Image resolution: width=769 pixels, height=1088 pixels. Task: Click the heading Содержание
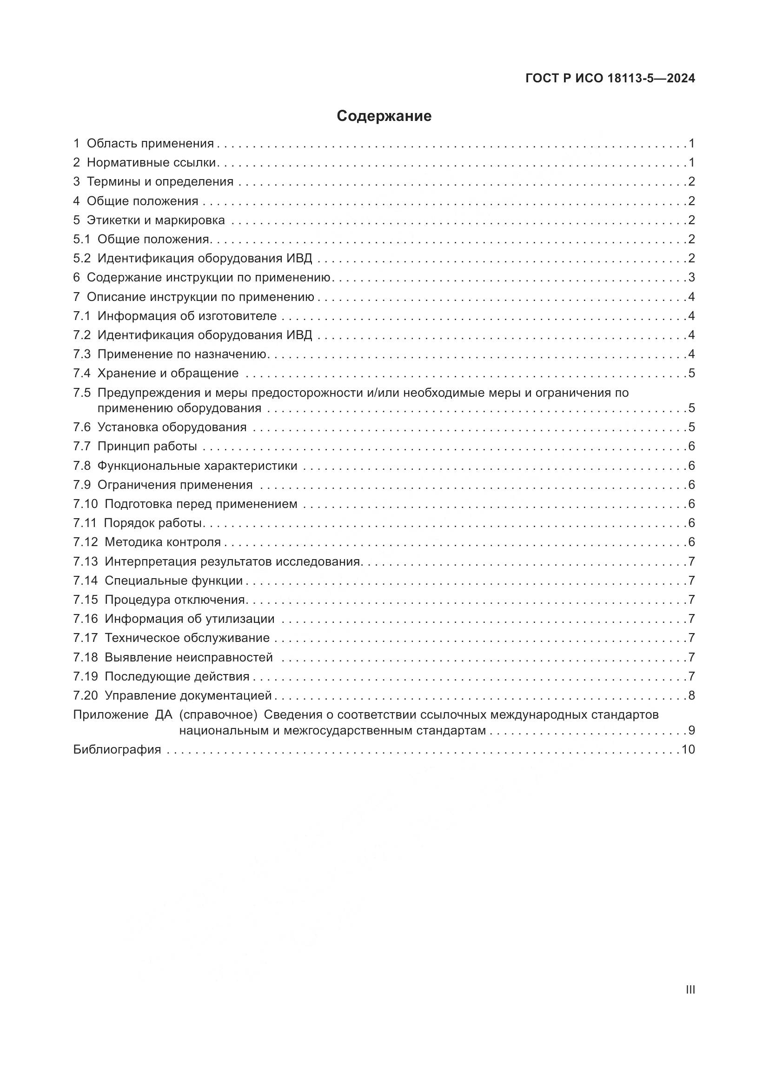[384, 116]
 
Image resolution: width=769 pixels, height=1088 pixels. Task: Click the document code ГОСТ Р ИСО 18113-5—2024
[610, 79]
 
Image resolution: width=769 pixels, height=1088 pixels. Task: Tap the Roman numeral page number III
[690, 989]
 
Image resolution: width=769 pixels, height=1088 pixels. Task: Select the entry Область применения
[150, 143]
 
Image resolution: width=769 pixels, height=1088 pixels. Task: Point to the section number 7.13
[85, 561]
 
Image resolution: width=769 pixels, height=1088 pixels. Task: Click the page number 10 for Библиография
[688, 749]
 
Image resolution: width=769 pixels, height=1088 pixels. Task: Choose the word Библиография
[117, 749]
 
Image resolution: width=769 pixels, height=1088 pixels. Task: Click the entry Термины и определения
[160, 181]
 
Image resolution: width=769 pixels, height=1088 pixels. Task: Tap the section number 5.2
[81, 258]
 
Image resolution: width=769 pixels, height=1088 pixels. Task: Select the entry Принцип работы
[147, 446]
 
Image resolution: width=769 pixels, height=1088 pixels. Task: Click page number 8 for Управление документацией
[691, 695]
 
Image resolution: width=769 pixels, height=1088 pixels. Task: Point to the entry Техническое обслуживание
[187, 638]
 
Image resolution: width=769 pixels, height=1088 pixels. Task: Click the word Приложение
[111, 714]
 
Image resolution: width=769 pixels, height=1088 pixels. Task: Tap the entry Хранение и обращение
[168, 373]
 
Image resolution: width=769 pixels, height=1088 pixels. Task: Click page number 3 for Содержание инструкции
[691, 277]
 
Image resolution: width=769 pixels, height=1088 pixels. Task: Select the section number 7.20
[85, 695]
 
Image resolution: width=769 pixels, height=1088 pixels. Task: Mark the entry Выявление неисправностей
[188, 657]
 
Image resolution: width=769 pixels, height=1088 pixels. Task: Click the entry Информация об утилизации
[189, 618]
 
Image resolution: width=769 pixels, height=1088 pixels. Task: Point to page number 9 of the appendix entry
[691, 730]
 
